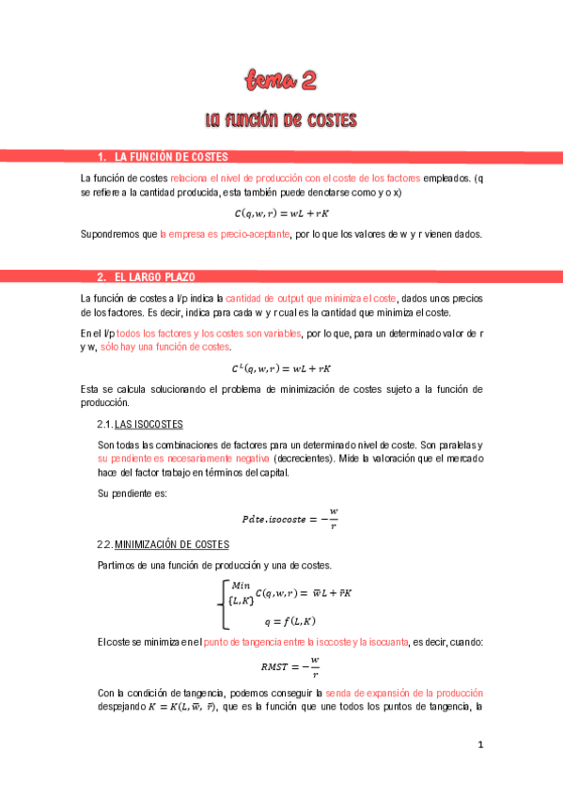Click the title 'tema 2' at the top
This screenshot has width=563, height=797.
click(x=281, y=82)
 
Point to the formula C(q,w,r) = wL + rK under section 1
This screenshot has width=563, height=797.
click(x=281, y=213)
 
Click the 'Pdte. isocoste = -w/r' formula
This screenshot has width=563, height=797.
click(x=289, y=518)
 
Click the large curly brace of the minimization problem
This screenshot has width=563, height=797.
click(x=224, y=604)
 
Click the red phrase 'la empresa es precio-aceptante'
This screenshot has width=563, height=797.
click(x=225, y=234)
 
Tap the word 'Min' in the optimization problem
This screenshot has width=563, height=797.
click(x=242, y=585)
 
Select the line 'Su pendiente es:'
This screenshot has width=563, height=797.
click(x=132, y=493)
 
